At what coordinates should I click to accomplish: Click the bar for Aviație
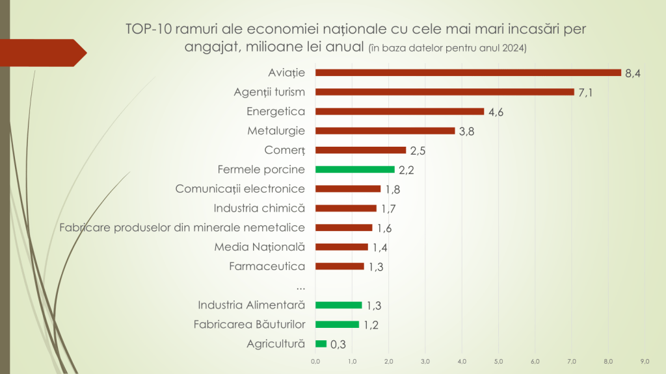[468, 73]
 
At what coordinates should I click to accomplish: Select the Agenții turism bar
[444, 92]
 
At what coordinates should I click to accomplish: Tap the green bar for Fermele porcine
[355, 169]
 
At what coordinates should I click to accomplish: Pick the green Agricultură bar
[321, 344]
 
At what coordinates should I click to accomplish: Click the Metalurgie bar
[385, 131]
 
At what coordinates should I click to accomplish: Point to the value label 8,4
[633, 73]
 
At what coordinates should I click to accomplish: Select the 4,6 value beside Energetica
[496, 112]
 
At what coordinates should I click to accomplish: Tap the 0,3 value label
[338, 345]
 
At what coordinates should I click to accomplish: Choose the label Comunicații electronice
[241, 189]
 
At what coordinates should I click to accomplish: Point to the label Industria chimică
[260, 208]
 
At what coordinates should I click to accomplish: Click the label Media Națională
[260, 247]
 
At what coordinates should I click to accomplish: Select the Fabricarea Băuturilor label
[250, 324]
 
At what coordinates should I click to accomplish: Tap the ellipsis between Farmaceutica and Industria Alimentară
[300, 286]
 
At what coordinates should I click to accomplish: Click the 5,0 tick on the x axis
[499, 360]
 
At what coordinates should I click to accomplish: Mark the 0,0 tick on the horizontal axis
[315, 360]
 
